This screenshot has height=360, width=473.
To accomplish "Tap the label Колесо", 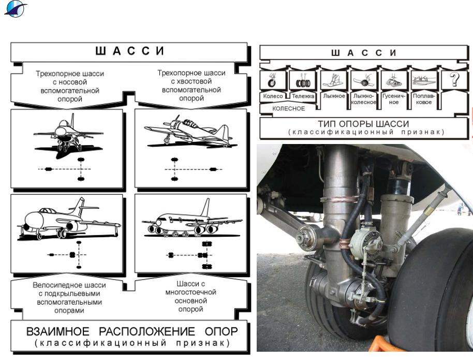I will (273, 96).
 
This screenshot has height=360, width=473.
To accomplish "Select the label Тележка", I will (303, 96).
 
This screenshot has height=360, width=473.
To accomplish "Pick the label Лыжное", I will (333, 96).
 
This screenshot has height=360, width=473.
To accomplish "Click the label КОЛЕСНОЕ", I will (288, 108).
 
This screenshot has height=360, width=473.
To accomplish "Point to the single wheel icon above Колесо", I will (273, 81).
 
